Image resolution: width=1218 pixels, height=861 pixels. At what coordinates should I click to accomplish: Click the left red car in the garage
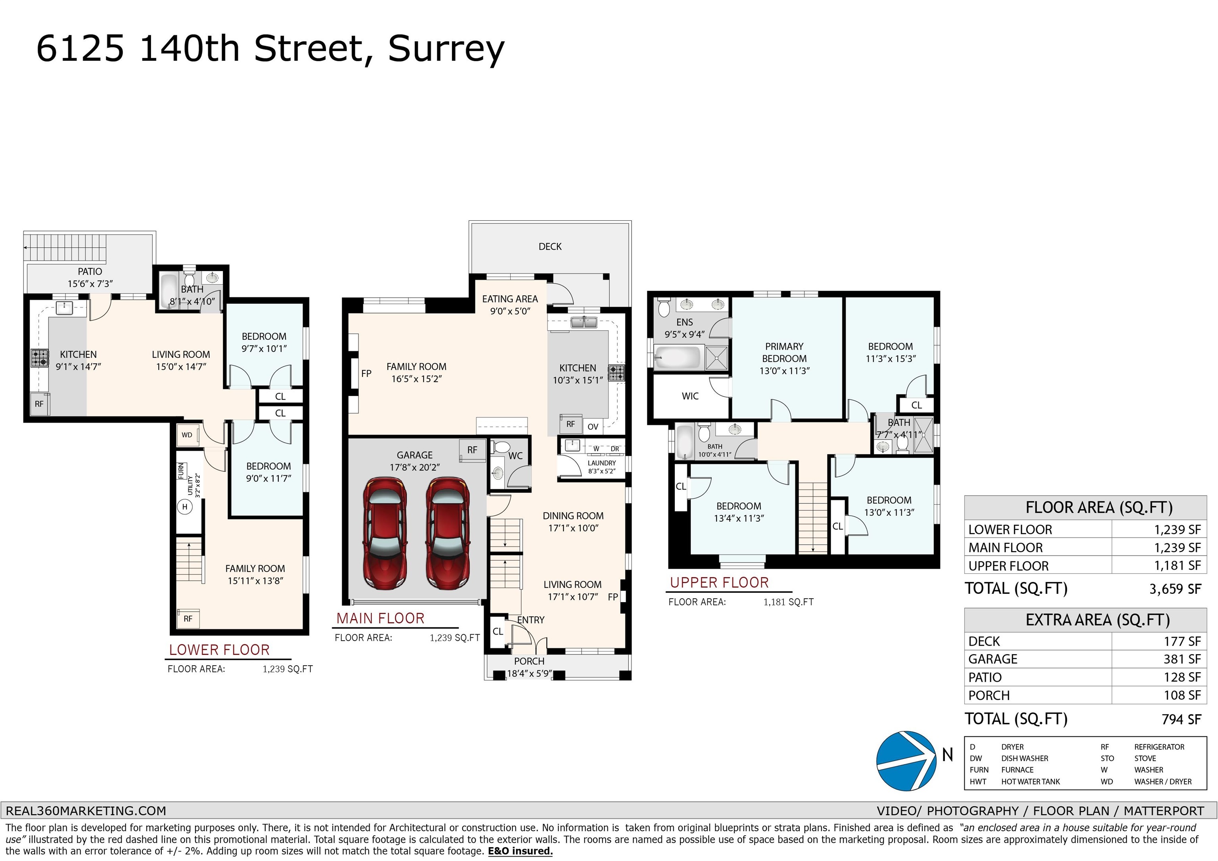385,533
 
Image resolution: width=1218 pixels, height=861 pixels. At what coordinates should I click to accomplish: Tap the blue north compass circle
906,761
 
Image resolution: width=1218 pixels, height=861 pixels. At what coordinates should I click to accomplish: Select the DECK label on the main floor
550,247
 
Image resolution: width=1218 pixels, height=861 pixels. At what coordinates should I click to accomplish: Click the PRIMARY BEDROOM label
784,352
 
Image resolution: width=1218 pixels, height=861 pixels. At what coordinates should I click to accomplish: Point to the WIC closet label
690,396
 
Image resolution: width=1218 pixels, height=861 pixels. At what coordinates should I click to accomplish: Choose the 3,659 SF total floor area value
1175,589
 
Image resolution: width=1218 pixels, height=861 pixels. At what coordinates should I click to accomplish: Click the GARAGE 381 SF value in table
1182,659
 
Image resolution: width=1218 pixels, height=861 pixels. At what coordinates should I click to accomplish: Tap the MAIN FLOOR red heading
380,618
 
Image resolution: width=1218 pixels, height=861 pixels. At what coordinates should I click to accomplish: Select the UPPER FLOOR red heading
719,582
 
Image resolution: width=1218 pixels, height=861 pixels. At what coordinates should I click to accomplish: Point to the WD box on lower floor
187,435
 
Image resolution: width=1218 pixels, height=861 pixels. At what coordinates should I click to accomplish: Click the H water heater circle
185,507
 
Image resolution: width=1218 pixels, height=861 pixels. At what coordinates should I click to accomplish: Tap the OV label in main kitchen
593,427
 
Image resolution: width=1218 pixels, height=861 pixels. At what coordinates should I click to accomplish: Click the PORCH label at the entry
529,662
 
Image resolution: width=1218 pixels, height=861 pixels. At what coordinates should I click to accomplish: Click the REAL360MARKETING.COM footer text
86,811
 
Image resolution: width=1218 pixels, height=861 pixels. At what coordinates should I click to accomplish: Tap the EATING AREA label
510,299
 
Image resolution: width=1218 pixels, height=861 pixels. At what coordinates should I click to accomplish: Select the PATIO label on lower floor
90,272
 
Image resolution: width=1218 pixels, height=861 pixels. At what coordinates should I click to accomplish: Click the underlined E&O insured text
521,851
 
